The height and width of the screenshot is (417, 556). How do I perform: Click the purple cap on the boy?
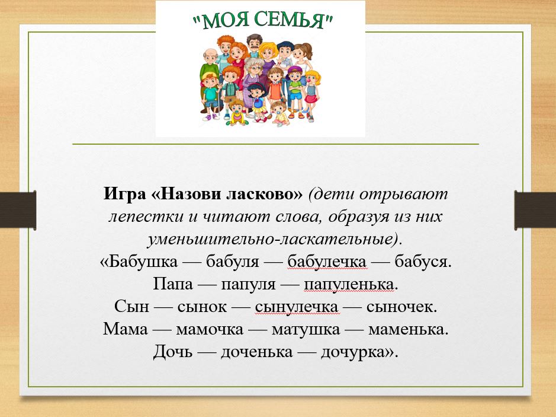pyautogui.click(x=294, y=71)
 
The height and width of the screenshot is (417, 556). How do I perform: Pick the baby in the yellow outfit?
pyautogui.click(x=237, y=113)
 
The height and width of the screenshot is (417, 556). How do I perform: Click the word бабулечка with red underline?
pyautogui.click(x=327, y=262)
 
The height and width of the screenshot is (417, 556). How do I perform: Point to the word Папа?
pyautogui.click(x=173, y=284)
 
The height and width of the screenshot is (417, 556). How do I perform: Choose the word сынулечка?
pyautogui.click(x=297, y=307)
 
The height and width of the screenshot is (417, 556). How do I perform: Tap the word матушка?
pyautogui.click(x=306, y=329)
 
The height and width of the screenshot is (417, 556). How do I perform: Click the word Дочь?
pyautogui.click(x=173, y=352)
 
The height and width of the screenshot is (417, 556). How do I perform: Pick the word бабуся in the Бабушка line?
pyautogui.click(x=423, y=262)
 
